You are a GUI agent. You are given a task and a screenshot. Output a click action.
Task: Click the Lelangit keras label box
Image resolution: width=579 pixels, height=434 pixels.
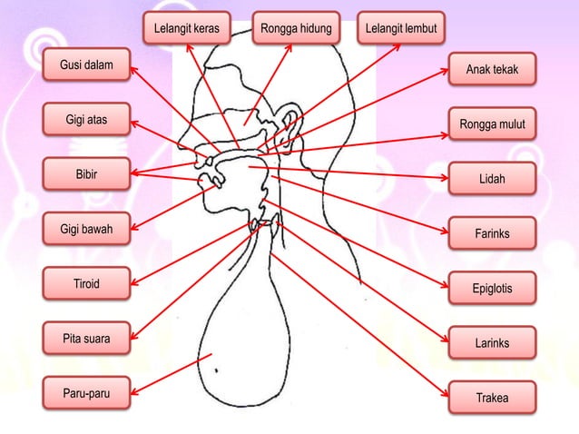point(190,29)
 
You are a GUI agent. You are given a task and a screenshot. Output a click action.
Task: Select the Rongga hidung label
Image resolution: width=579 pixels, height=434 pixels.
point(296,29)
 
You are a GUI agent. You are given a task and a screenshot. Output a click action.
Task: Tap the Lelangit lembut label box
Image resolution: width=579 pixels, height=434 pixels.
point(401,29)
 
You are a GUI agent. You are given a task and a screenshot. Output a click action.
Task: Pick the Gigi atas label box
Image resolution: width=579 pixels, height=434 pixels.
point(86,121)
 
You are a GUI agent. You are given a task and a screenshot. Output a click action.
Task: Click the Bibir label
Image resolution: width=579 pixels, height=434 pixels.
point(86,174)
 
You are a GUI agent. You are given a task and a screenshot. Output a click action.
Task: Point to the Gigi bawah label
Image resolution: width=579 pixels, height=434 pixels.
point(86,229)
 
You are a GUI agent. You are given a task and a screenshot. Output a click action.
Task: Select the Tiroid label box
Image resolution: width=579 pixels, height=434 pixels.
point(86,285)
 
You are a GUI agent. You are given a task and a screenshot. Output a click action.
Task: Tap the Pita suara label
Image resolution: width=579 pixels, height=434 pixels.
point(86,339)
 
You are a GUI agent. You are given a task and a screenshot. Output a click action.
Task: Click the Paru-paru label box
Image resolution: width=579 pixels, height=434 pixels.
point(86,393)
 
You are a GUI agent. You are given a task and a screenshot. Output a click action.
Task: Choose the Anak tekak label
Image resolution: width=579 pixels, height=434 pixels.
point(493,70)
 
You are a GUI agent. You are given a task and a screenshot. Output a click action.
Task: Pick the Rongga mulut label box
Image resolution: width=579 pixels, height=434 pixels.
point(493,124)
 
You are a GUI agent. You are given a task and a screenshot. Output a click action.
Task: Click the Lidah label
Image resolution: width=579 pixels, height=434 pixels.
point(493,180)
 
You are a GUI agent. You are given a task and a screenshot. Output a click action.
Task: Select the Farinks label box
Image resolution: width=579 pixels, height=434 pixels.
point(493,234)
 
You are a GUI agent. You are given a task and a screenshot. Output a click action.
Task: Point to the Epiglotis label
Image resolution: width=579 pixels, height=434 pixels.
point(493,289)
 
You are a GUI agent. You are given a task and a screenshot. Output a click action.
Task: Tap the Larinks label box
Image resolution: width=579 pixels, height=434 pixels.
point(493,343)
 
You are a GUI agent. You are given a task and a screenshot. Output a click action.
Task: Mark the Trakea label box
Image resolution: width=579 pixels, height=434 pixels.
point(493,398)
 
